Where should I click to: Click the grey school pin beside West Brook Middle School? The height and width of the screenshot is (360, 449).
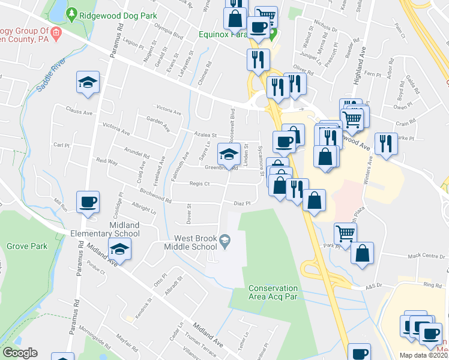pos(224,241)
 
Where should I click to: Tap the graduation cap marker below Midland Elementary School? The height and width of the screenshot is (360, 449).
pos(119,249)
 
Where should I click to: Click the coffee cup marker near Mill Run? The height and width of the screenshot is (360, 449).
pos(88,202)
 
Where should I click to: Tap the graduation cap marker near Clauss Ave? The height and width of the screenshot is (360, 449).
pos(88,83)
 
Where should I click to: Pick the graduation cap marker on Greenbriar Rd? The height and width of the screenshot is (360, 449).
pos(228,155)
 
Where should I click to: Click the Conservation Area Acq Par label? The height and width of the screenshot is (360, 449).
pos(273,292)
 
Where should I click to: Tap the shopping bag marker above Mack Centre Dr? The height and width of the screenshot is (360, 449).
pos(362,253)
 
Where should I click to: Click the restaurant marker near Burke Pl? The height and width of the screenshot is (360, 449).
pos(386,144)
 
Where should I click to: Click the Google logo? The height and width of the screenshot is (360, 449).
pos(20,353)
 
